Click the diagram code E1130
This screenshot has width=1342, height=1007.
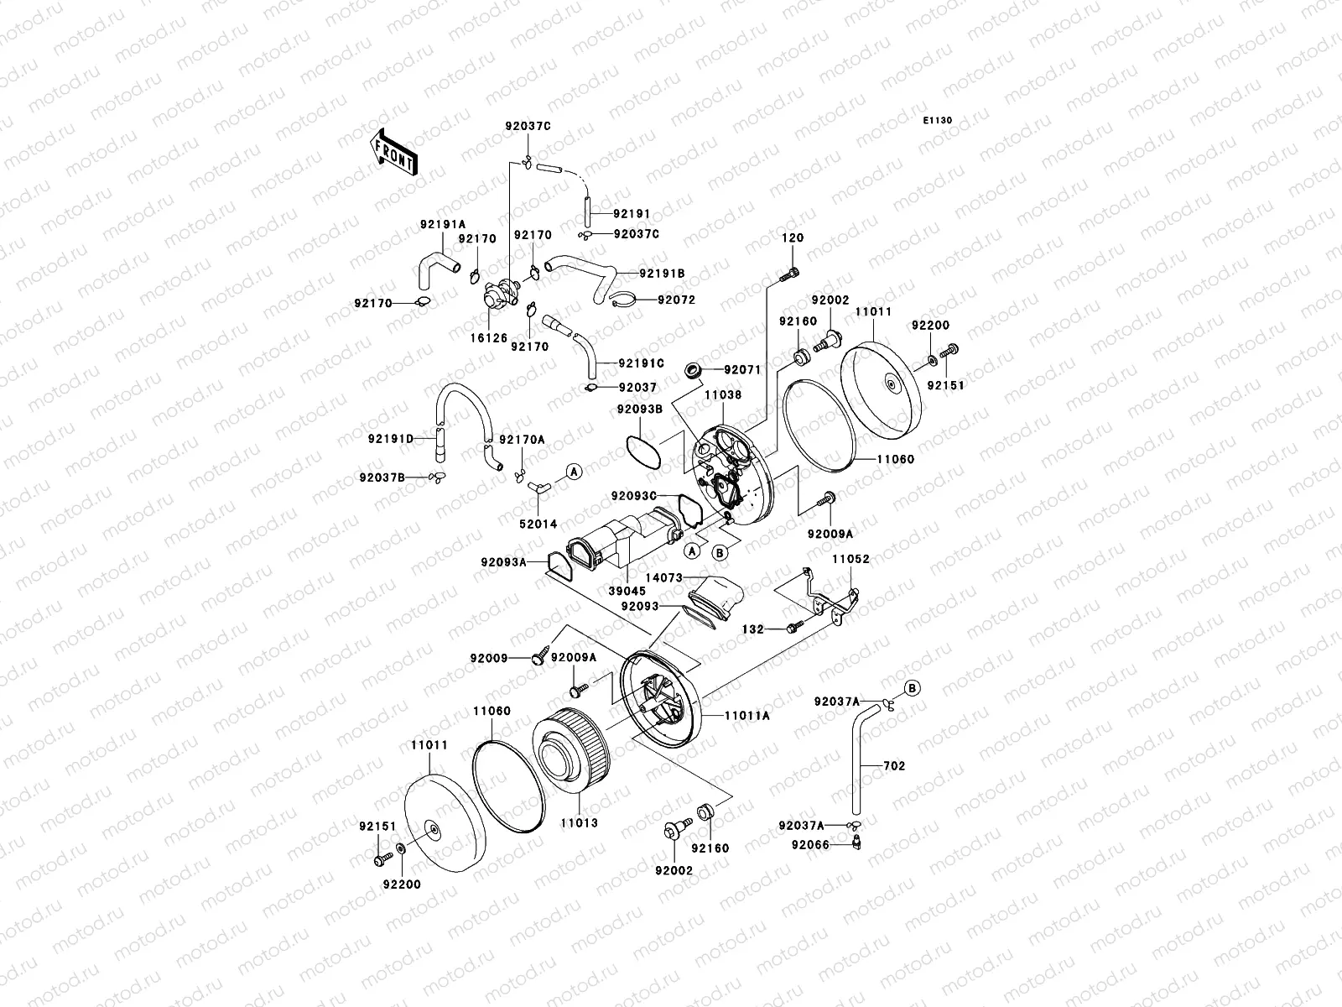point(938,121)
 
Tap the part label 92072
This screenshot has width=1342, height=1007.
point(676,300)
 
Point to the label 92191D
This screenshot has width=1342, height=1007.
point(391,438)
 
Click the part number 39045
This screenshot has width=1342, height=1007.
point(627,590)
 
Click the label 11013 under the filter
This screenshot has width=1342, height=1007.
point(580,822)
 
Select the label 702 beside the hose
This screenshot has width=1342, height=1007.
point(894,766)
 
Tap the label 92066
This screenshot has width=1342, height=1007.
point(810,845)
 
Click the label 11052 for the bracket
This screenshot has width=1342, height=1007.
point(850,559)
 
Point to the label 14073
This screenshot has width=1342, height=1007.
point(663,577)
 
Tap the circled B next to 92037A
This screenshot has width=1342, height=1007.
point(913,687)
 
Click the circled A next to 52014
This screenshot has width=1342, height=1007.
point(574,472)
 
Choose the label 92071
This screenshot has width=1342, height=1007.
point(741,368)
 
